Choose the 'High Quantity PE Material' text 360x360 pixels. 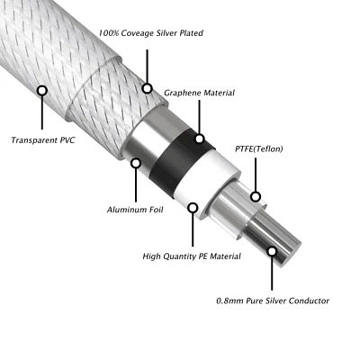click(191, 256)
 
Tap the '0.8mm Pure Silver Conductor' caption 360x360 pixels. click(274, 300)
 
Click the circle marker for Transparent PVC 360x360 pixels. click(41, 91)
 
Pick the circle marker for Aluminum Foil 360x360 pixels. click(136, 163)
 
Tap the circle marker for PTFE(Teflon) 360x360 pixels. click(256, 195)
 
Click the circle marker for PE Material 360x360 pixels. click(193, 207)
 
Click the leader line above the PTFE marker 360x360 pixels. click(256, 175)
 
